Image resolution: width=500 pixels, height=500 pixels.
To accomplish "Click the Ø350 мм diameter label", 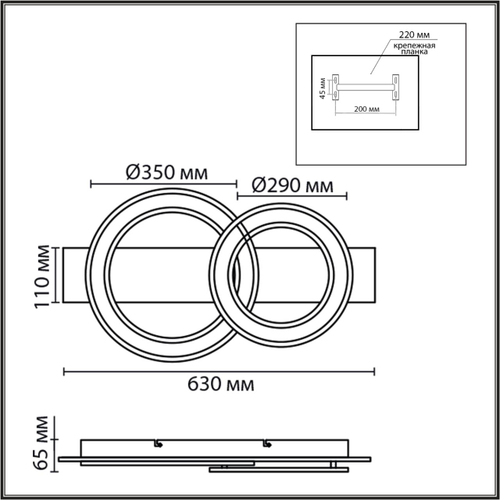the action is pyautogui.click(x=167, y=173).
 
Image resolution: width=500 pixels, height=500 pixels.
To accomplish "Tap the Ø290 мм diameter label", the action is pyautogui.click(x=293, y=185).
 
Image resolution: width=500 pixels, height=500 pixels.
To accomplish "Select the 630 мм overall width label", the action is pyautogui.click(x=221, y=384).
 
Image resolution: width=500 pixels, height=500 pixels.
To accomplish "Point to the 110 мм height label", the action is pyautogui.click(x=43, y=277).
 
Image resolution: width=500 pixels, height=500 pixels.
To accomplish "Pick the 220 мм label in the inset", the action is pyautogui.click(x=414, y=34).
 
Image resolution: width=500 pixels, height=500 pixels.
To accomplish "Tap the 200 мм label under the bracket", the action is pyautogui.click(x=366, y=109).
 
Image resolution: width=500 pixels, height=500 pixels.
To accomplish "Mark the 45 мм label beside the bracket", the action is pyautogui.click(x=322, y=88).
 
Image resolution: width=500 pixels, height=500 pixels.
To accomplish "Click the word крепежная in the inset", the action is pyautogui.click(x=414, y=46).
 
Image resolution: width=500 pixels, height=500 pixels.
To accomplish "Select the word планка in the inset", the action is pyautogui.click(x=414, y=52).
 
